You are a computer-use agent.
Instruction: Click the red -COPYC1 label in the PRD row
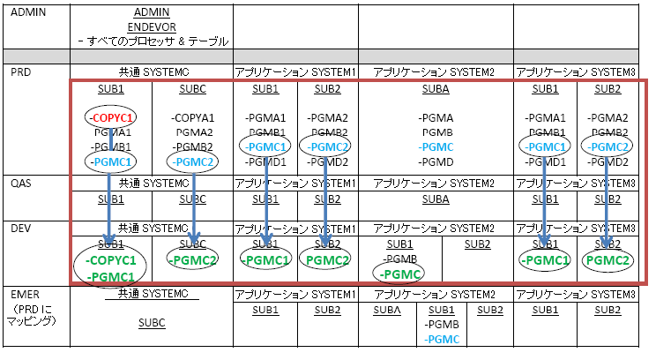pos(111,116)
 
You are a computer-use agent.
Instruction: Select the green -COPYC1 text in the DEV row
pos(111,261)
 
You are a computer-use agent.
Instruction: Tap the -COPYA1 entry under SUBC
pos(193,116)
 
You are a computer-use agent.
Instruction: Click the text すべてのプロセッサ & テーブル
pos(153,41)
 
